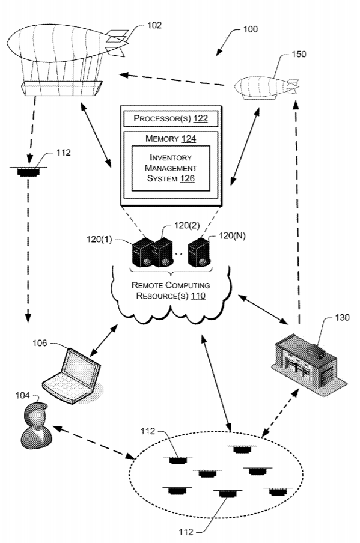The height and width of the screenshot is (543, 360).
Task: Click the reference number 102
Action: (154, 25)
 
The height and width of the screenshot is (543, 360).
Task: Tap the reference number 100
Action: (250, 29)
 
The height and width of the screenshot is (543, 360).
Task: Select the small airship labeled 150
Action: (266, 88)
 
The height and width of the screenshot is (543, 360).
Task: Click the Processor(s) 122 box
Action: (171, 118)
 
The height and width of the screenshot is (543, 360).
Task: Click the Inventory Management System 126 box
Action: (171, 168)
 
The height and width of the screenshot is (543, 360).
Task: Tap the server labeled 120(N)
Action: (199, 252)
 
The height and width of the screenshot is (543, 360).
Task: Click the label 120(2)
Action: (187, 225)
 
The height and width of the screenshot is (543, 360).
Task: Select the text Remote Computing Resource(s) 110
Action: (171, 290)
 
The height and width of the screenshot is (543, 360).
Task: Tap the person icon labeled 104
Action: (36, 426)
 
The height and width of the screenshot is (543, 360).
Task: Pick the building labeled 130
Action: (309, 365)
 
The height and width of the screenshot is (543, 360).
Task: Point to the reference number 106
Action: (40, 343)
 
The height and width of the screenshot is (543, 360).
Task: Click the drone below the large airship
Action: (28, 171)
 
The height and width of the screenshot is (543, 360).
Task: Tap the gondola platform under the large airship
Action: (61, 89)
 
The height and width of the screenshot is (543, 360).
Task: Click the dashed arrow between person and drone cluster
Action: (93, 443)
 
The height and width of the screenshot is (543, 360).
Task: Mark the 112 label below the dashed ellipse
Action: (186, 532)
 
